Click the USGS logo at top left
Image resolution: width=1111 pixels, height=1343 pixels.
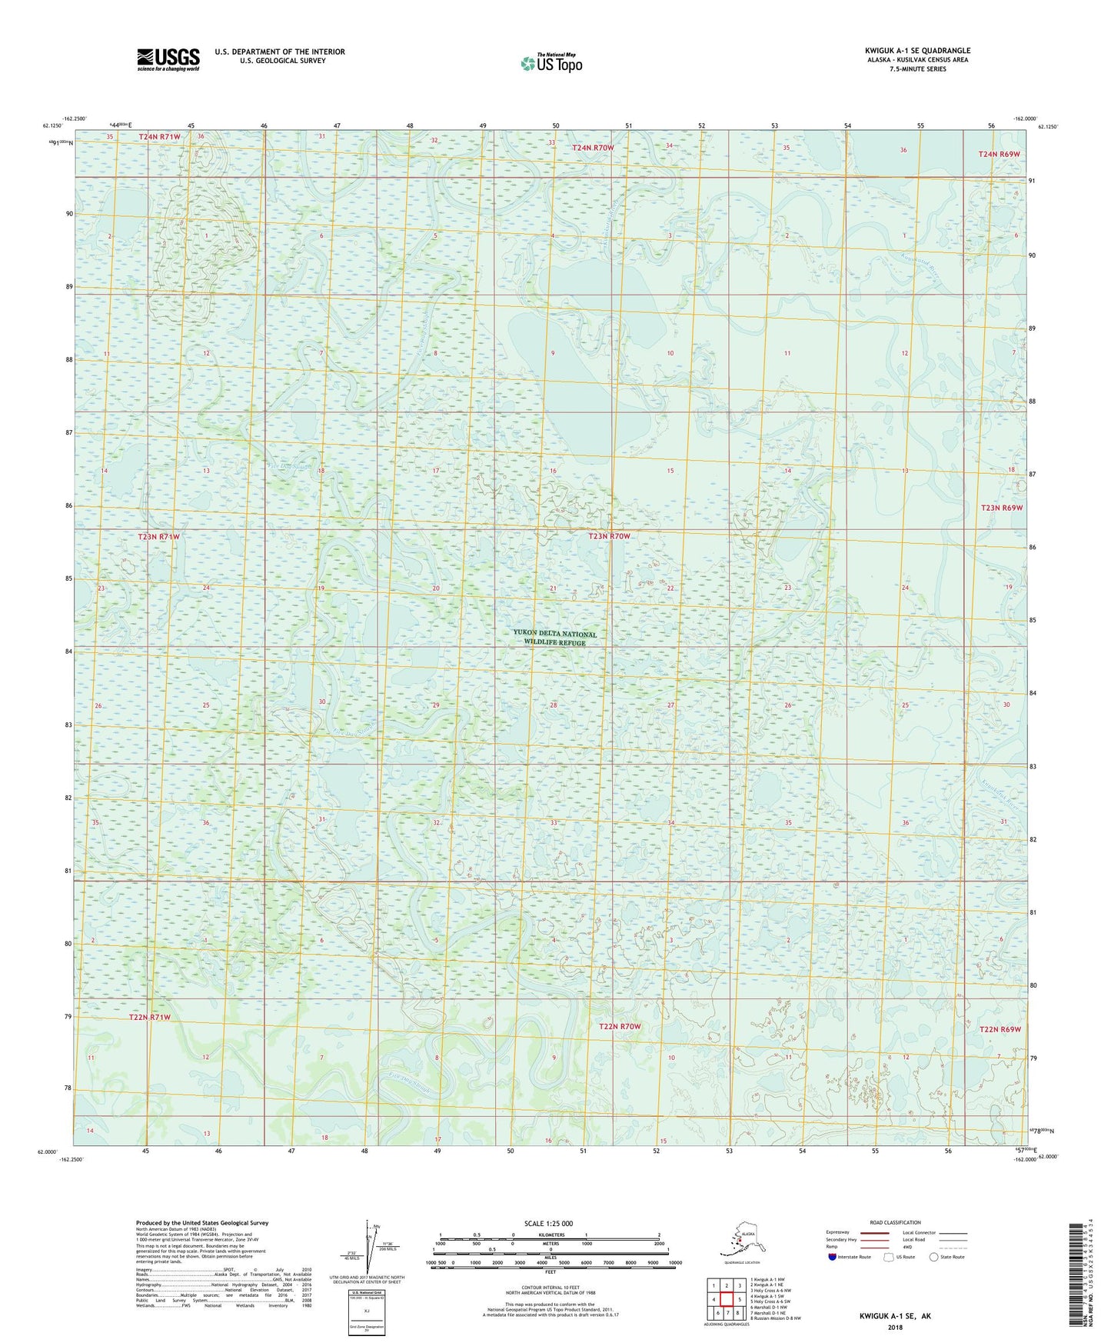pyautogui.click(x=168, y=59)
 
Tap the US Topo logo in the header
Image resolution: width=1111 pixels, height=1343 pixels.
pyautogui.click(x=551, y=62)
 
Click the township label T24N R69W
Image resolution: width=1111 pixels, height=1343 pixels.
pyautogui.click(x=999, y=155)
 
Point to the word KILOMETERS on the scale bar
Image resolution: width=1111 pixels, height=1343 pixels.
pyautogui.click(x=549, y=1235)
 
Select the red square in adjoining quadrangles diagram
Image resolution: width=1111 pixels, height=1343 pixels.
pyautogui.click(x=725, y=1299)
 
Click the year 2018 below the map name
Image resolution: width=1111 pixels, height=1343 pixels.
pyautogui.click(x=894, y=1327)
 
